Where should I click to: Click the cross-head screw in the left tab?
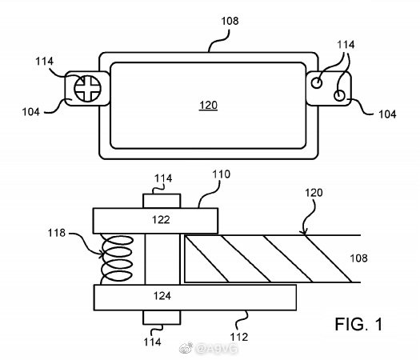87,89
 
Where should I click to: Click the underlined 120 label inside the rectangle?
208,106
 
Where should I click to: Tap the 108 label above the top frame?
230,21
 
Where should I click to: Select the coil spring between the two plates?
117,258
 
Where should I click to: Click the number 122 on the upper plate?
161,220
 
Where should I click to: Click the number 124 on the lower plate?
162,296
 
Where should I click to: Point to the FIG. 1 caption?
358,324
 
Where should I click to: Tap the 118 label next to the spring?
57,233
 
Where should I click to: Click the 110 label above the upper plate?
222,174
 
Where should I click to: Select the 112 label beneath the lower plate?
239,337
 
